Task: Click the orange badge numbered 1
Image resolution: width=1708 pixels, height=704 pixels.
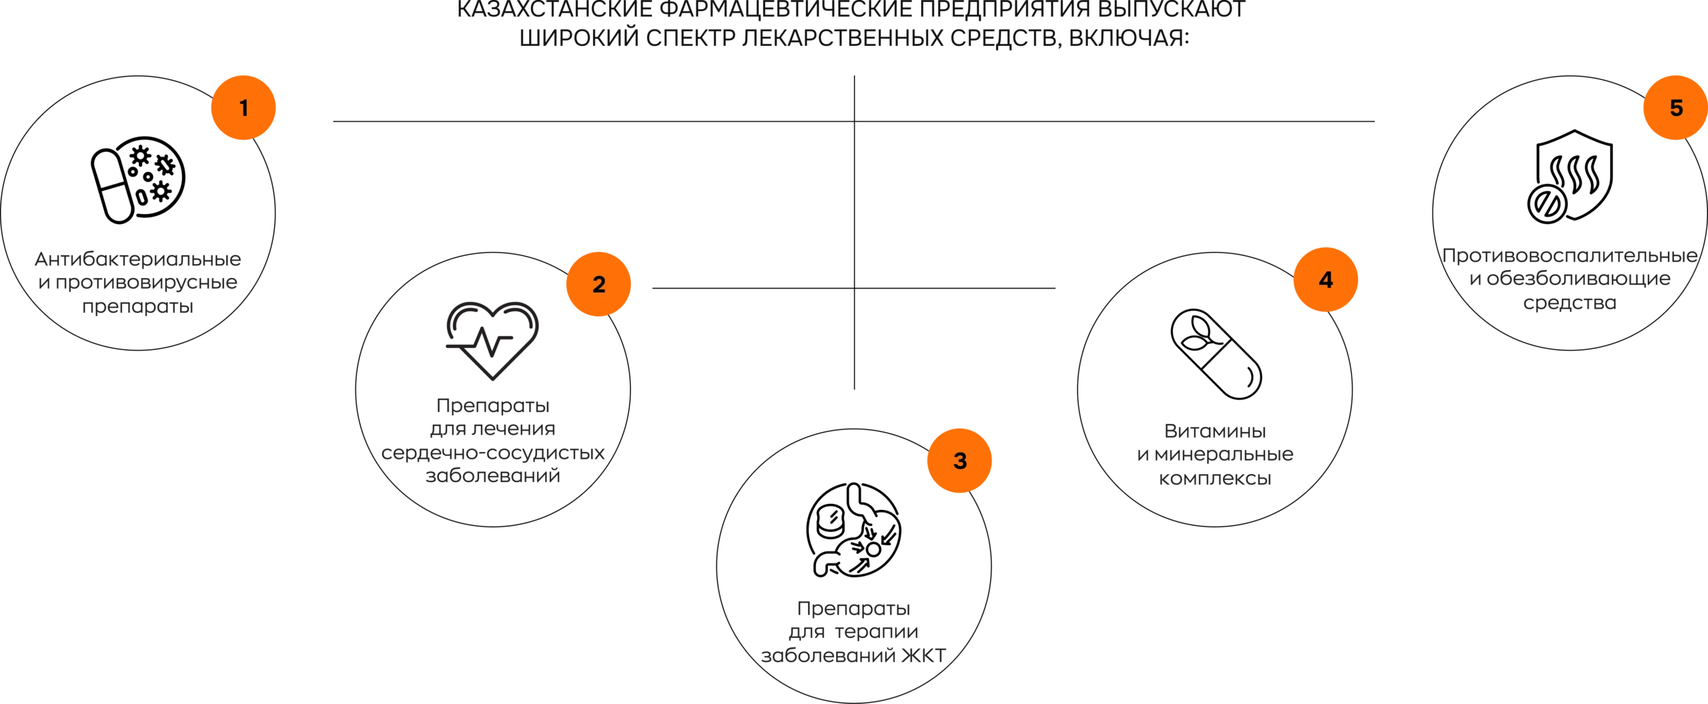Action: [x=244, y=107]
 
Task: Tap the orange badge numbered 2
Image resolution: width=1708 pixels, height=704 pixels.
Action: [x=598, y=284]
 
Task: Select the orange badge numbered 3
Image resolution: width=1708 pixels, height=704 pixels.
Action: [x=959, y=461]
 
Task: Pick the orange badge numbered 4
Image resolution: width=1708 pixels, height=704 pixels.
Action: [x=1326, y=279]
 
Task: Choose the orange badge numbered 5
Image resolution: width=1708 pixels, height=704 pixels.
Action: [x=1675, y=107]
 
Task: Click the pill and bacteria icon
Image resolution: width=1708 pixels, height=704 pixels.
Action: [x=138, y=180]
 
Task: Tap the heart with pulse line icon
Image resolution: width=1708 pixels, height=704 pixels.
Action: [x=492, y=341]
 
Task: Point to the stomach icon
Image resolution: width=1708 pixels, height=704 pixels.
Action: [x=853, y=530]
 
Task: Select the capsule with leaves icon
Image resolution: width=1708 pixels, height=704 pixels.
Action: [x=1216, y=354]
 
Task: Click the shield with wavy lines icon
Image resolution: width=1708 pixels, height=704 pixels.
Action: [x=1570, y=177]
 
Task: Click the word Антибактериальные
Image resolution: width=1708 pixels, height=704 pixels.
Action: [x=138, y=259]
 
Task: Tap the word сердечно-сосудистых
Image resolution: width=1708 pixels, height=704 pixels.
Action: [x=493, y=453]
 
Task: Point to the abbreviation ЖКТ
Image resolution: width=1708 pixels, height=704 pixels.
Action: [x=923, y=655]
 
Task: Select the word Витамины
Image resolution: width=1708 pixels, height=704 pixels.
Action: [x=1215, y=431]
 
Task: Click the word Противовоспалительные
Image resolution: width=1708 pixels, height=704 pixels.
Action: [x=1570, y=255]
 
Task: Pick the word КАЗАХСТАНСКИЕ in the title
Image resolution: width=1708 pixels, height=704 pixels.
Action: [x=554, y=9]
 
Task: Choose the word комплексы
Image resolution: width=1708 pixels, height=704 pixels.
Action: [x=1215, y=479]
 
